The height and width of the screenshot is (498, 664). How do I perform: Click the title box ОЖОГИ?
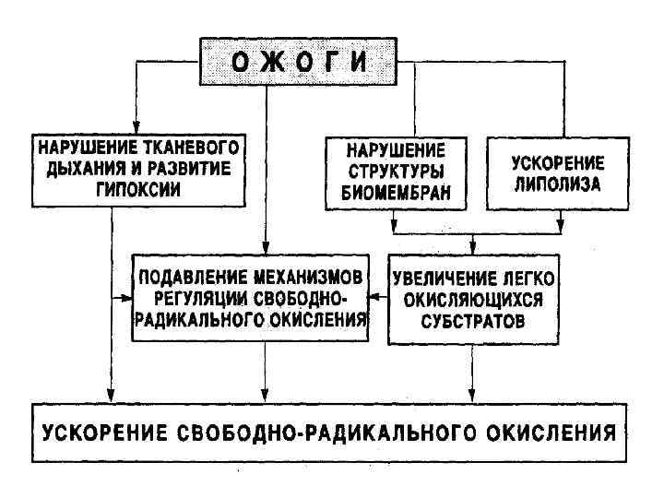[x=298, y=62]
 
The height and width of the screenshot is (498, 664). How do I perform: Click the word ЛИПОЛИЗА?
[x=558, y=184]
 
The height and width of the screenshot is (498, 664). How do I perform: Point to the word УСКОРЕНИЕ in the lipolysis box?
[x=558, y=163]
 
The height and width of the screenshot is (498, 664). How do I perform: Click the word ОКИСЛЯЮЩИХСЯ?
[x=473, y=300]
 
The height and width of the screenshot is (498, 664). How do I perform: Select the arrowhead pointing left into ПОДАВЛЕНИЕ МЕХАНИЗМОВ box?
[x=375, y=297]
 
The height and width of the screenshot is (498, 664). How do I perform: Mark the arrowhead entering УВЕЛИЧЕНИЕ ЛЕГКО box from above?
[x=473, y=251]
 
